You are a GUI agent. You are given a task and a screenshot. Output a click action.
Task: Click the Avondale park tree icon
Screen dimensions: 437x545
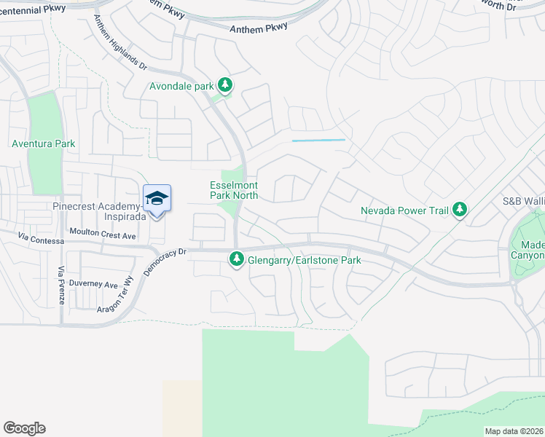click(x=225, y=86)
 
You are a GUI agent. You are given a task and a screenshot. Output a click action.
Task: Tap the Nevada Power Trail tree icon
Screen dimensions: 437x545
click(x=459, y=210)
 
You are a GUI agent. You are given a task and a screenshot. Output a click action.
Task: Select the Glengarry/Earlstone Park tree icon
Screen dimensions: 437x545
click(x=237, y=259)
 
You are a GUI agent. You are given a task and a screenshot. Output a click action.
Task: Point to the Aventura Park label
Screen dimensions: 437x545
click(x=44, y=144)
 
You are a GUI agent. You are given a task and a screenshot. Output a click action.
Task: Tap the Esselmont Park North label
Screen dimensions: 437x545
click(x=234, y=190)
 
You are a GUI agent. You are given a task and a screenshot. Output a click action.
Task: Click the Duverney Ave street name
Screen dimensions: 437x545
click(x=93, y=285)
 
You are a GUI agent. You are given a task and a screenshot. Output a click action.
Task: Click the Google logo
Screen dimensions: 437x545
click(x=24, y=428)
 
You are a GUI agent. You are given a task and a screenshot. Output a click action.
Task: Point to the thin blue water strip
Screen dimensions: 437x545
click(x=318, y=140)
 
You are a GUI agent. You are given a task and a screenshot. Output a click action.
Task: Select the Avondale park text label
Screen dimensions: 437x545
click(x=181, y=86)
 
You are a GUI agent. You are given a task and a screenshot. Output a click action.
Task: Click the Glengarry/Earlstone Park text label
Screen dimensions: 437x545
click(x=305, y=259)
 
